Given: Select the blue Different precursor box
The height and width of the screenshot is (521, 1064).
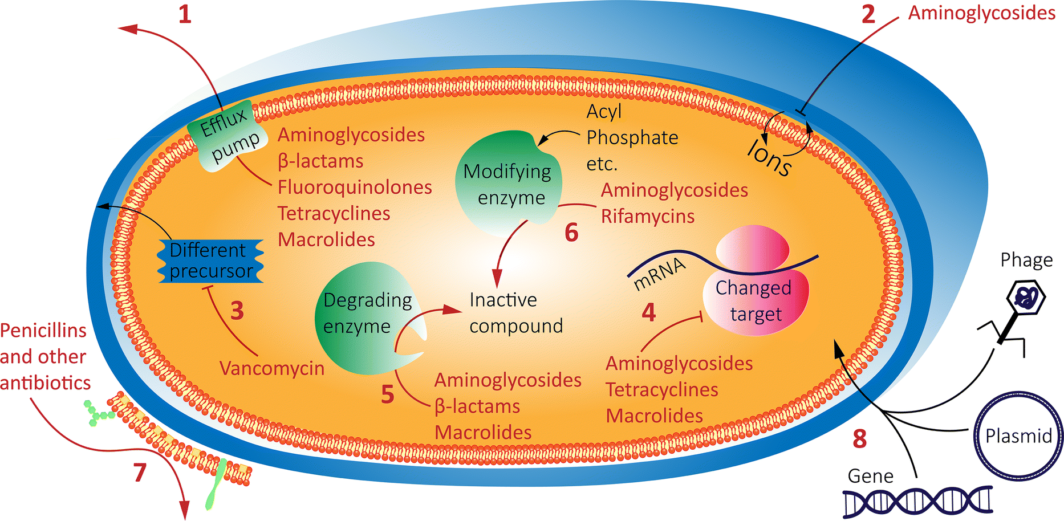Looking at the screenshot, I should (x=210, y=260).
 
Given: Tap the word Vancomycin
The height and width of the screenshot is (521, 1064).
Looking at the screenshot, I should (x=272, y=368).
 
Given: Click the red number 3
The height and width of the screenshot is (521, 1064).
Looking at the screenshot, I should (x=237, y=311).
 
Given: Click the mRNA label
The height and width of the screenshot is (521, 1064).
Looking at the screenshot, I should (x=660, y=273).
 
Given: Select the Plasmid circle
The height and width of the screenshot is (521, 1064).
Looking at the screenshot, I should (x=1018, y=436).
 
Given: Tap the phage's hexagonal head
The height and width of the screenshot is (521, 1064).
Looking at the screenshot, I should (x=1025, y=298).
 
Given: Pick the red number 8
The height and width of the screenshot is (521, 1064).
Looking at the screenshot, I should (x=859, y=439).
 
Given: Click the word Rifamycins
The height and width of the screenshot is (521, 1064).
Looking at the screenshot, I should (x=648, y=217).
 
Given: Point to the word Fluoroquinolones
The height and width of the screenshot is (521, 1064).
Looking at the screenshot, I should (x=355, y=187).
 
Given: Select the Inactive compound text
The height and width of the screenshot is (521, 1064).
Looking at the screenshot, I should (x=515, y=313).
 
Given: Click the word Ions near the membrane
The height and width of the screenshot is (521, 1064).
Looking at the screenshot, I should (x=770, y=157).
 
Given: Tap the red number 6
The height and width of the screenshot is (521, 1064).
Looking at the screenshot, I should (x=571, y=233).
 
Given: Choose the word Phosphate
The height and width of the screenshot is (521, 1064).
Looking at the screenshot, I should (x=632, y=137).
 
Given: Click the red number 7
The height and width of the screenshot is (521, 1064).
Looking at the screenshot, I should (x=140, y=472).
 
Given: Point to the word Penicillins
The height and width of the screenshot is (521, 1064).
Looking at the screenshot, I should (x=43, y=331).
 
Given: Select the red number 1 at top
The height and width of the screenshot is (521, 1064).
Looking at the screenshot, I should (x=185, y=14).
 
